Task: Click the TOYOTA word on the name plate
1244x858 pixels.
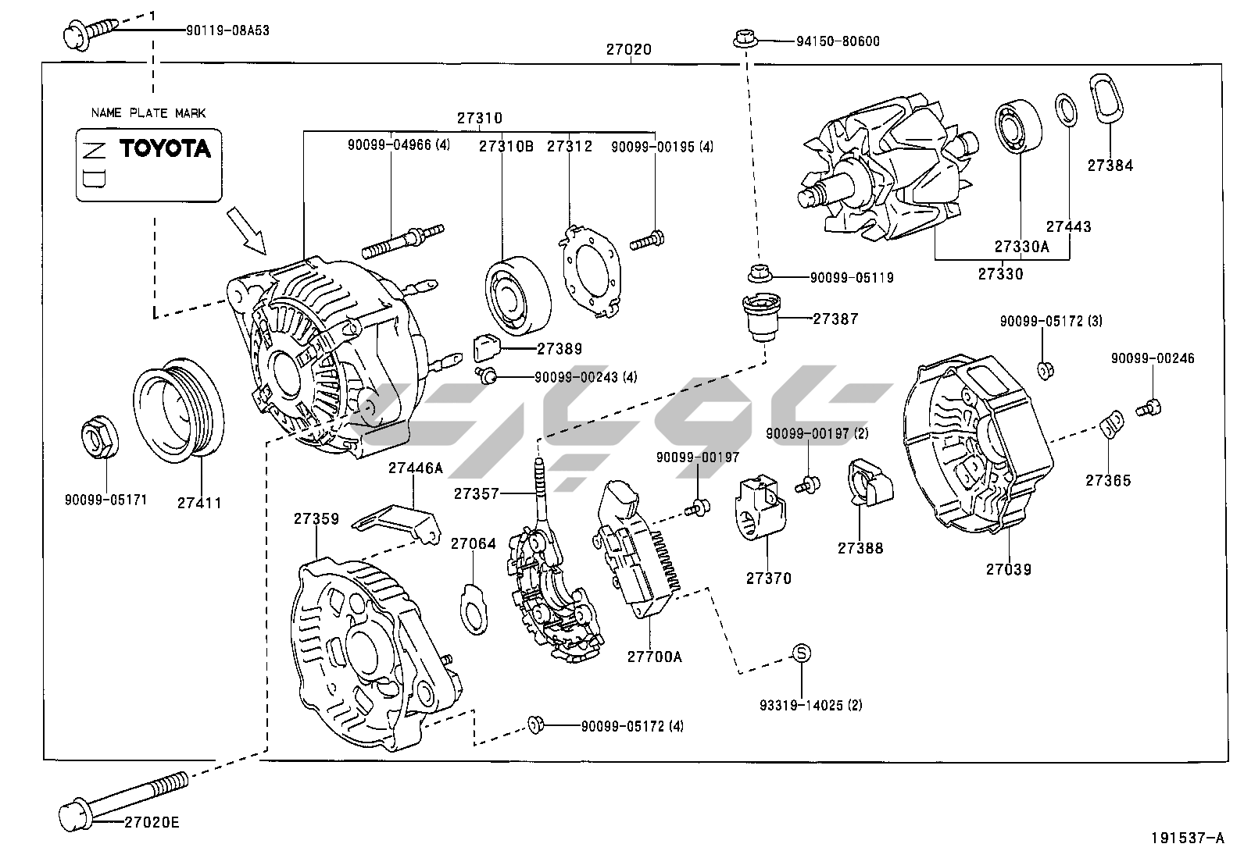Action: point(165,148)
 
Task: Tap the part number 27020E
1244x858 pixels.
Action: point(152,822)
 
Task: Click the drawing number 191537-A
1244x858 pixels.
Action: point(1187,838)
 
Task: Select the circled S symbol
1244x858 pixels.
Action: point(800,654)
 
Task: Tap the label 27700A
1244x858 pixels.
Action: point(654,657)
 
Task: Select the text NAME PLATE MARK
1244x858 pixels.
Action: point(148,112)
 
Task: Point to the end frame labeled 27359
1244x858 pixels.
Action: point(367,654)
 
